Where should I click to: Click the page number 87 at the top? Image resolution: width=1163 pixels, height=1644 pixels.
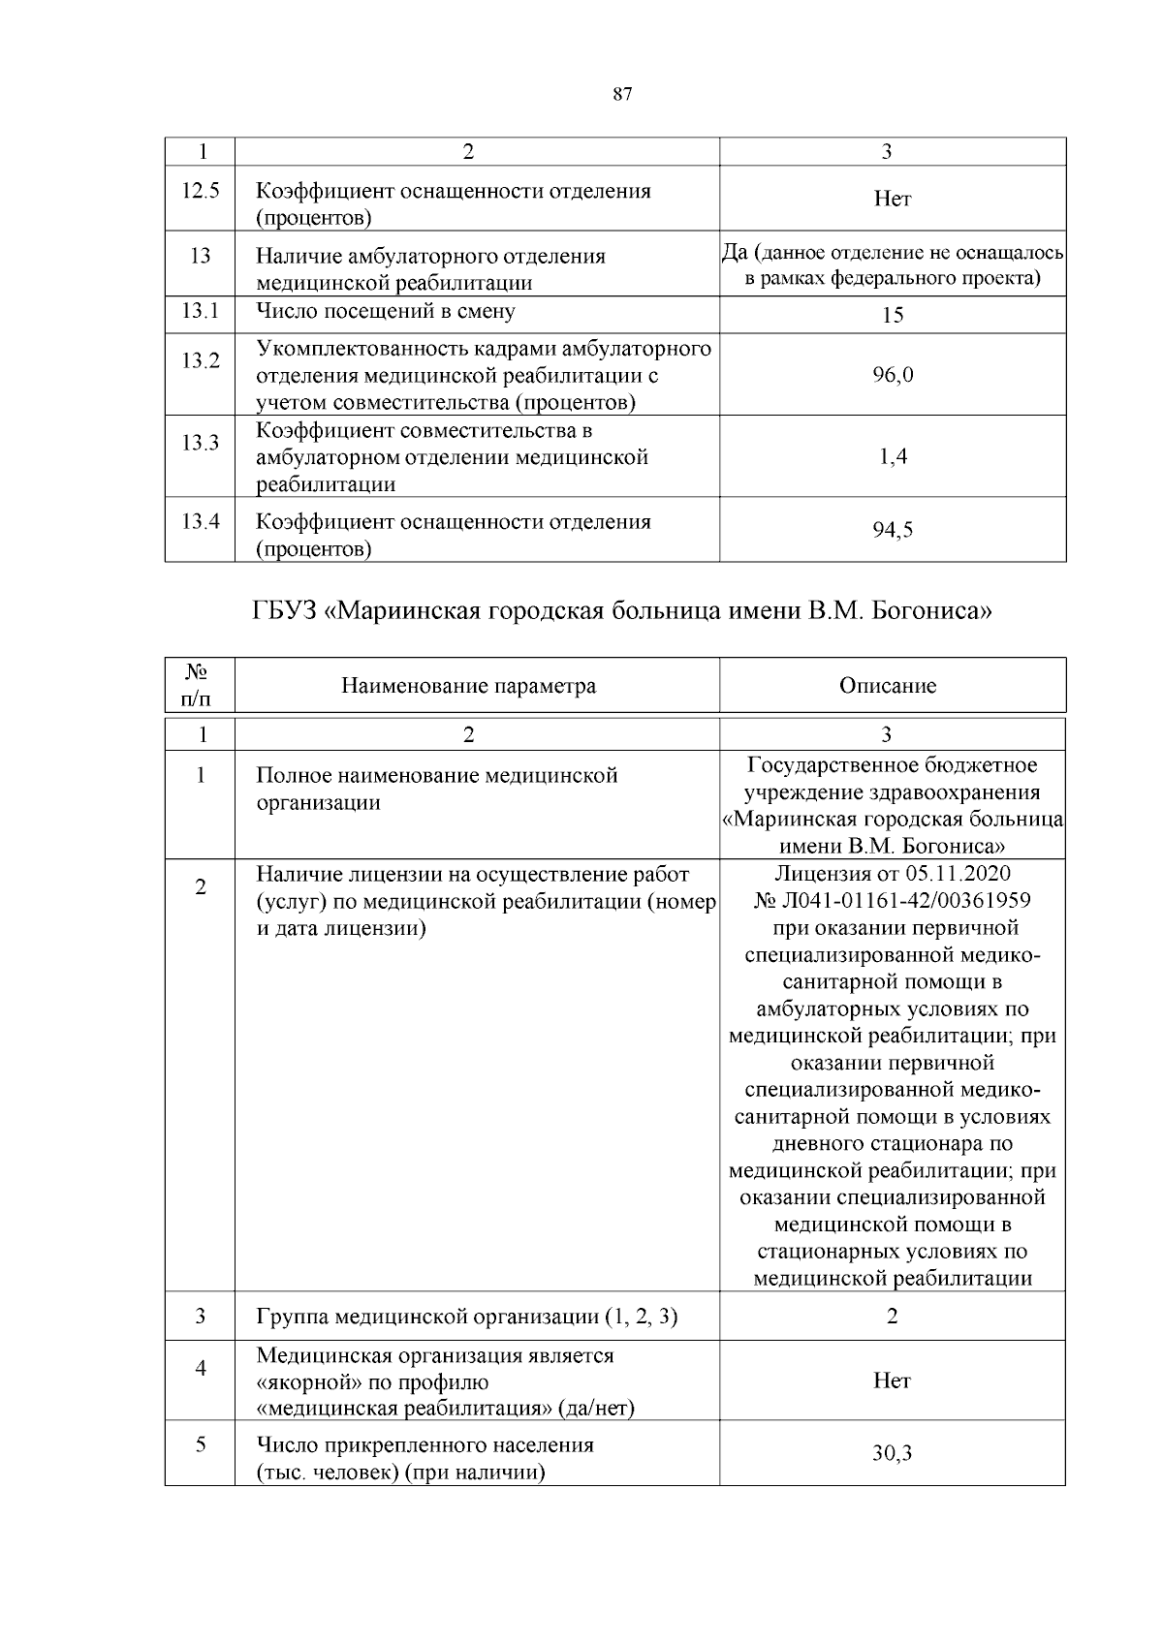coord(622,94)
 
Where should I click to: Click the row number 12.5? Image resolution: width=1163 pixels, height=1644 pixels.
coord(201,191)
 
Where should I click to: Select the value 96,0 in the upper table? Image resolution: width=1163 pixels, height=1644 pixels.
coord(893,375)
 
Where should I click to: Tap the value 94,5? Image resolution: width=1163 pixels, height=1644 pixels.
coord(893,530)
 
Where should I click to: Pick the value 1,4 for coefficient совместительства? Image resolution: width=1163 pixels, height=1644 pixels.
coord(893,457)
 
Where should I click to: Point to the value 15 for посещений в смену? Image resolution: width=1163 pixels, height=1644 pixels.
coord(893,315)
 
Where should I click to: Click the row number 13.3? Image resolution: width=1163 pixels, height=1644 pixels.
coord(201,443)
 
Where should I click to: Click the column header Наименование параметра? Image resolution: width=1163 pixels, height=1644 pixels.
coord(468,686)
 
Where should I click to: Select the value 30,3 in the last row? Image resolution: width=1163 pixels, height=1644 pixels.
coord(893,1454)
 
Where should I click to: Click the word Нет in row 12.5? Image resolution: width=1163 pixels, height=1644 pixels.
coord(893,199)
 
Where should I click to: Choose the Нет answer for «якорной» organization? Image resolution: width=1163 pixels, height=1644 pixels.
coord(893,1380)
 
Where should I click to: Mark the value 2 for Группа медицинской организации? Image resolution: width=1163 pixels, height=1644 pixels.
coord(893,1316)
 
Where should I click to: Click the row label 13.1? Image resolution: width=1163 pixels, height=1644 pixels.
coord(201,311)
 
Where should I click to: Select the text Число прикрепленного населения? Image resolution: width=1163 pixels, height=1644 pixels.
coord(424,1445)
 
